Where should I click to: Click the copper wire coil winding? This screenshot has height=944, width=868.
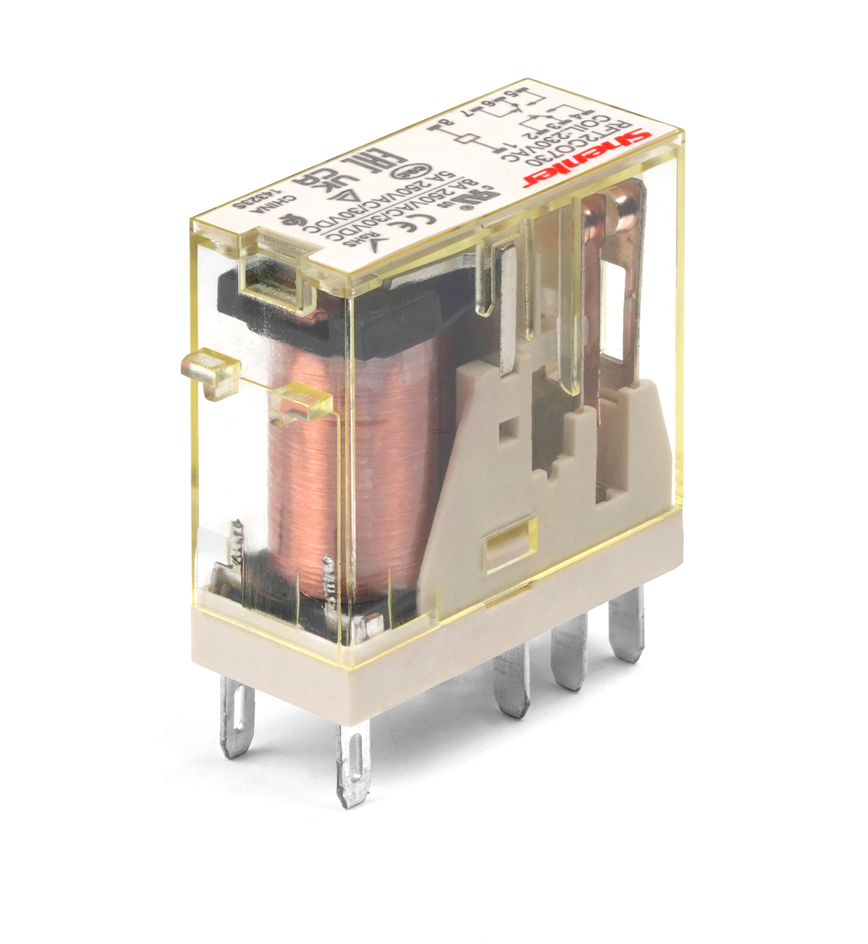tap(350, 462)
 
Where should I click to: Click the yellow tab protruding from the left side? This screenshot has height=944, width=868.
tap(210, 374)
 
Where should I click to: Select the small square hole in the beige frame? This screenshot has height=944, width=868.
tap(509, 429)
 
